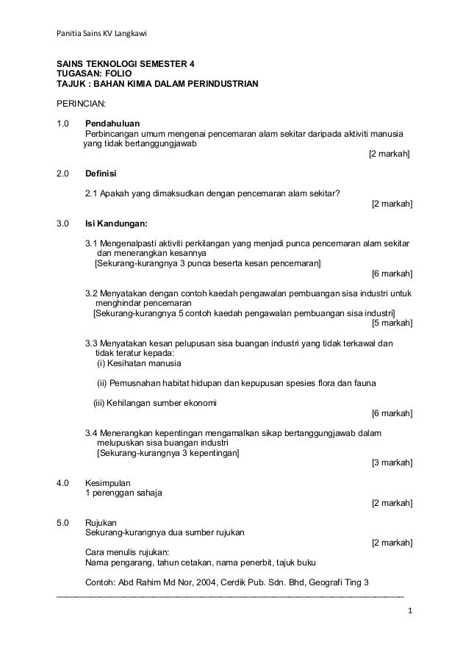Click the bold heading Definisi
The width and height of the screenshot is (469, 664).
point(101,174)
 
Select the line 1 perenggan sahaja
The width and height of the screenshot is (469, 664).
point(123,493)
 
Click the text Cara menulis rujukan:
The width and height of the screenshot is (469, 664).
point(128,553)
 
